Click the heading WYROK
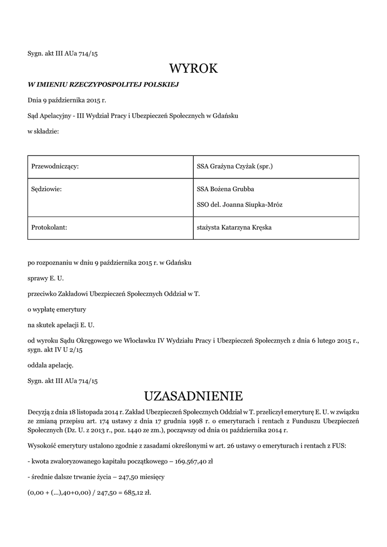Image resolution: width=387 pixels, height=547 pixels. point(194,68)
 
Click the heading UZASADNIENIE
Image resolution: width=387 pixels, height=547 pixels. point(194,396)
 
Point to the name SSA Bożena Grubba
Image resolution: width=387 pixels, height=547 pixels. point(225,189)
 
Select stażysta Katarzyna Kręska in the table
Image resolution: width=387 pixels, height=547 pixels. point(234,228)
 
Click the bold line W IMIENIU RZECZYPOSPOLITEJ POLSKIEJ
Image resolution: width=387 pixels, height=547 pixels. point(102,84)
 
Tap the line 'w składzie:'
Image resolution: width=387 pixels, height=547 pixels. point(43,131)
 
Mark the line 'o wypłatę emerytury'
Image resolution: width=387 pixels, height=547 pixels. point(57,309)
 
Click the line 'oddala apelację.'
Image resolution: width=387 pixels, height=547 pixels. point(50,365)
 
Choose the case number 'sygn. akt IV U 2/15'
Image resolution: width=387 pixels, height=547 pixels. point(55,350)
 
